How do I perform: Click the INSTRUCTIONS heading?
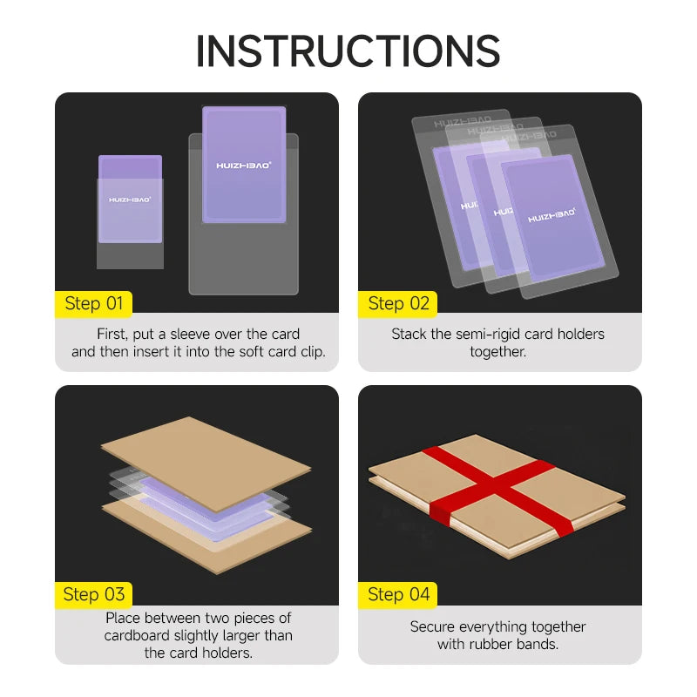(348, 51)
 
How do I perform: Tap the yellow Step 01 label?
(93, 304)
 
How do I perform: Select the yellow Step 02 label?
(398, 304)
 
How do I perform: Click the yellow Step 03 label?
(93, 595)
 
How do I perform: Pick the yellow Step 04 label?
(398, 595)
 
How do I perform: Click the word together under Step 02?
(497, 352)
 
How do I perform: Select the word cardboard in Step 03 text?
(137, 635)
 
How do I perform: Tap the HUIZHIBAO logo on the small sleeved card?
(130, 200)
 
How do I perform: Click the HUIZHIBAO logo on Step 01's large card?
(244, 166)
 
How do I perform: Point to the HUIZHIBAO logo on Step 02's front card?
(552, 215)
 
